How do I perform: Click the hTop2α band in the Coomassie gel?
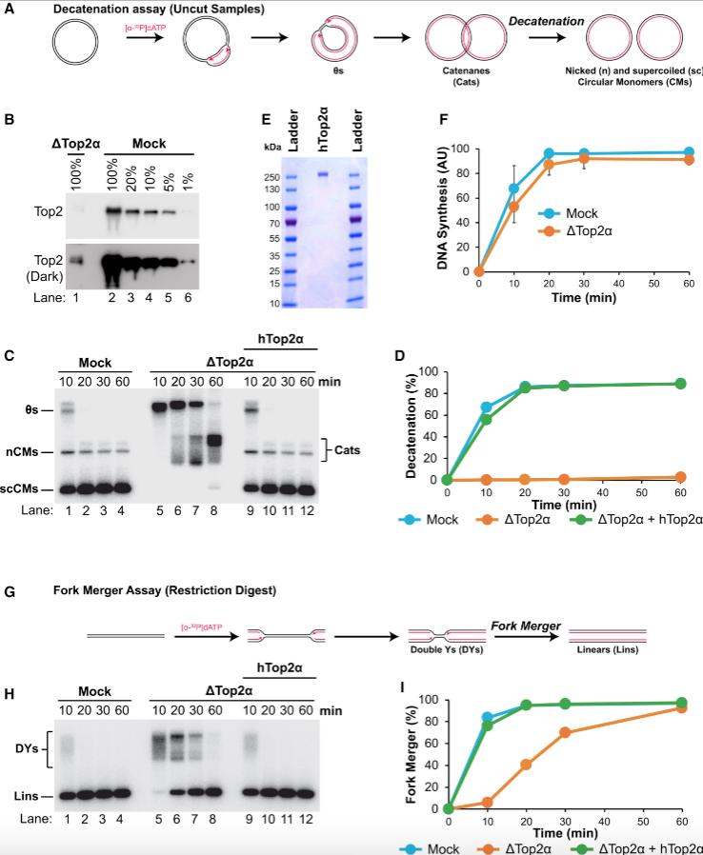pyautogui.click(x=323, y=174)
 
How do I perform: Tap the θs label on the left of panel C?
pyautogui.click(x=32, y=409)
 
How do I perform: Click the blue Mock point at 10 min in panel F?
pyautogui.click(x=513, y=189)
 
